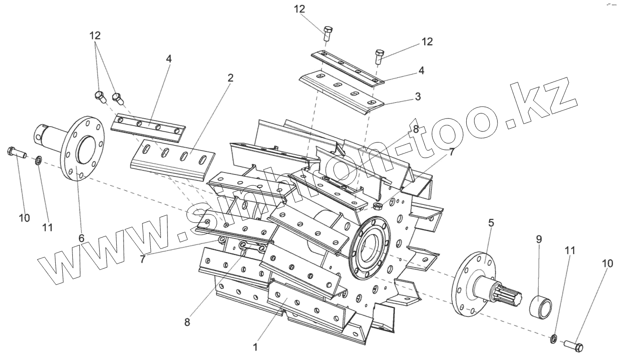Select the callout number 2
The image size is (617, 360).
230,78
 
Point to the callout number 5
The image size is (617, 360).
491,223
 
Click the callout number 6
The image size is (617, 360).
81,238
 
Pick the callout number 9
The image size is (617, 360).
539,239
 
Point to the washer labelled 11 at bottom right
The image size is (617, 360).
553,340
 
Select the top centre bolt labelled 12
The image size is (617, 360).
327,33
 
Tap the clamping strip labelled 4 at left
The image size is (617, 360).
148,127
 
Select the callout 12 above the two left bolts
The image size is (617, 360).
95,35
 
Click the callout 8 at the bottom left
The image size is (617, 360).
187,322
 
